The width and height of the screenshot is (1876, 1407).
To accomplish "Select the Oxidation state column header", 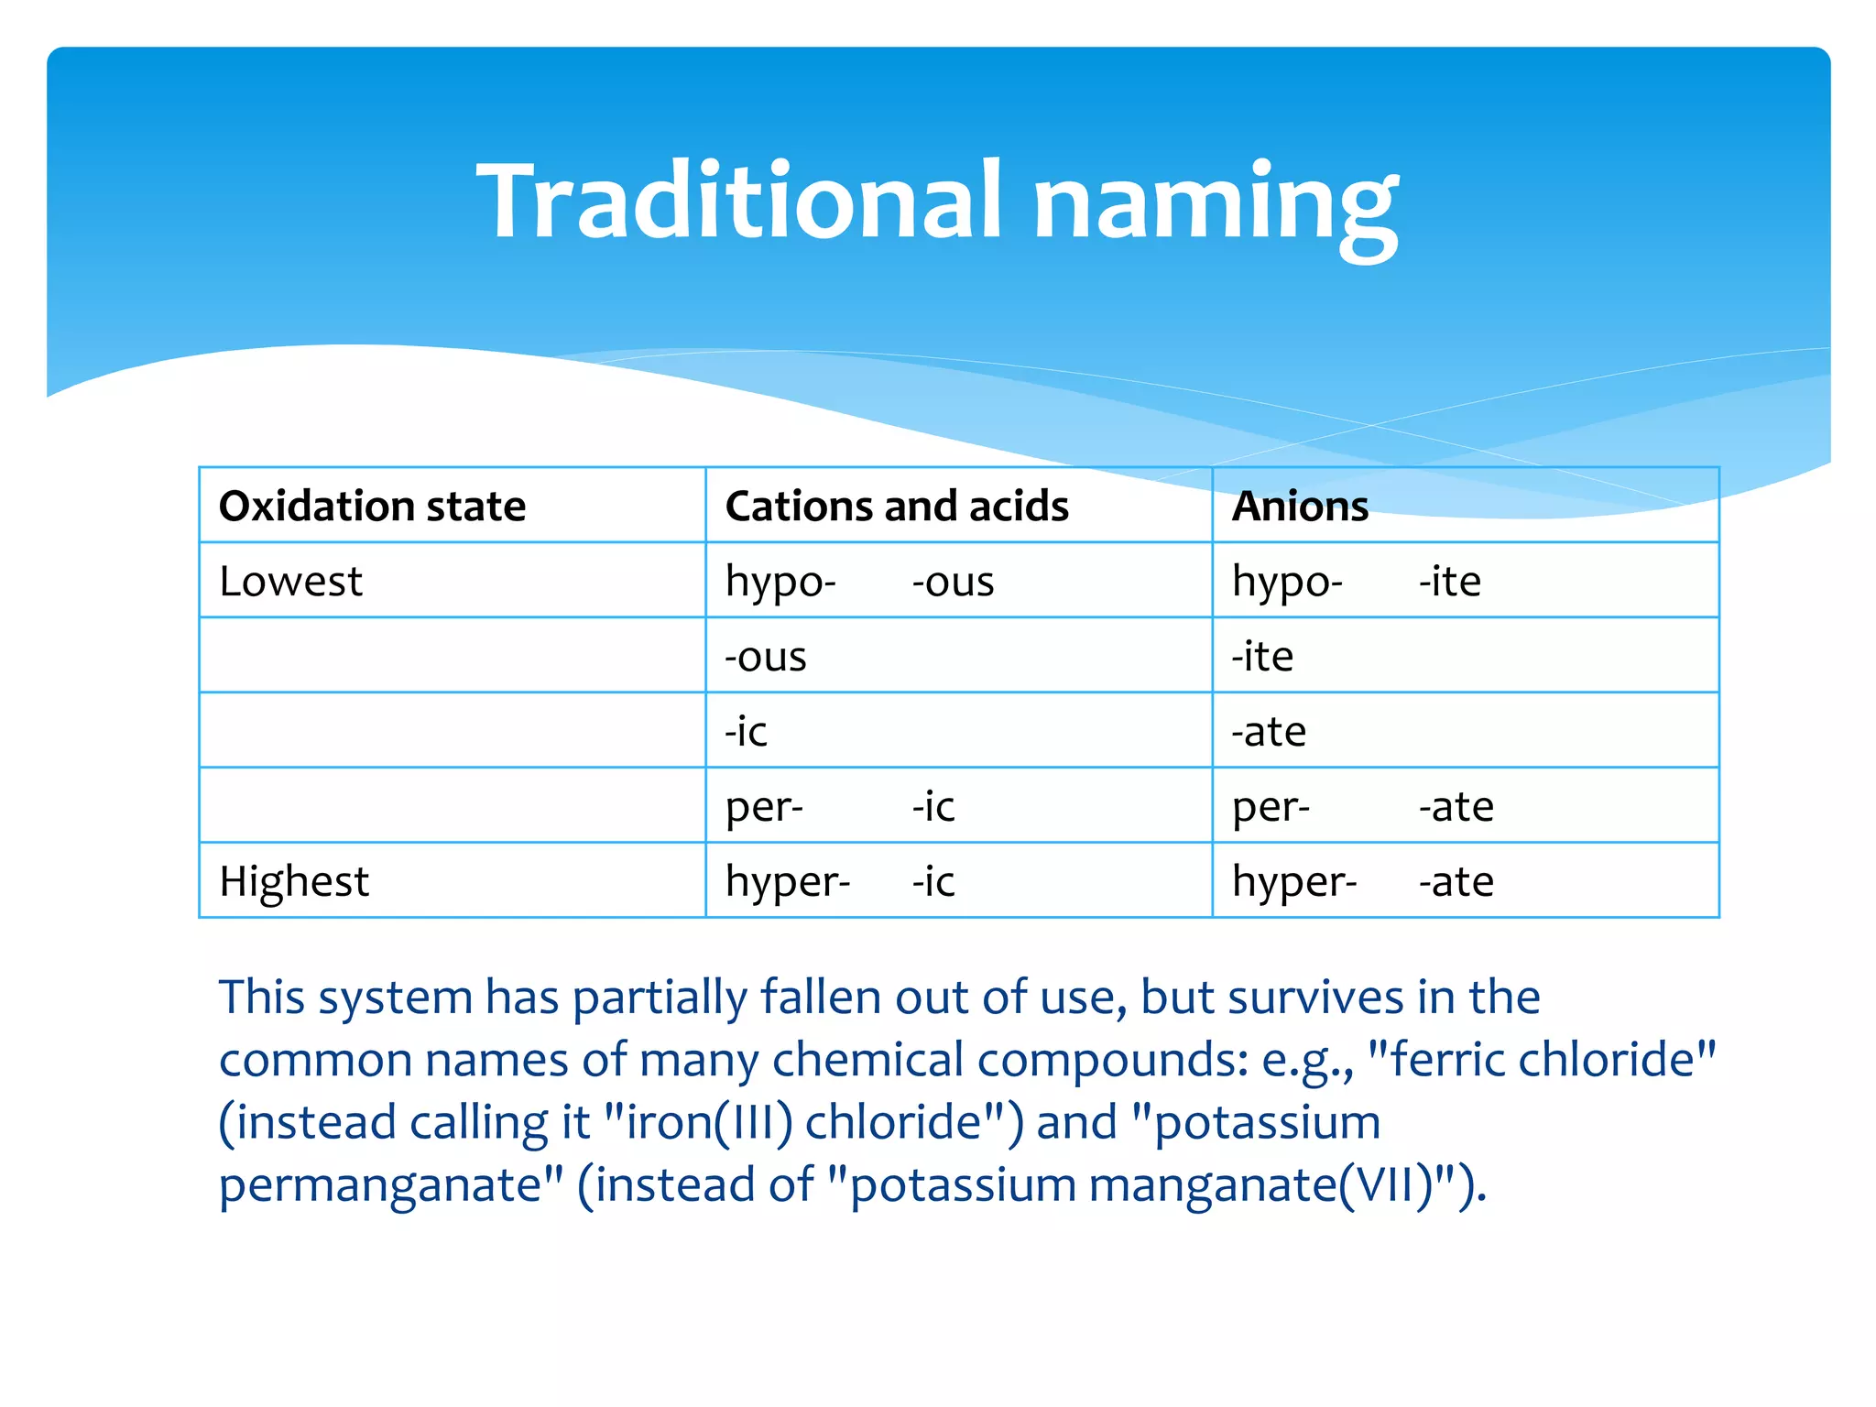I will [372, 507].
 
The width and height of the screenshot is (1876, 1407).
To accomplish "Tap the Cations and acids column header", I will [897, 507].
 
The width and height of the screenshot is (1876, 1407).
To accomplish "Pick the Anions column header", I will [1300, 507].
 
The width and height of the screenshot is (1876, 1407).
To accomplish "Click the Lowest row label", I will [290, 582].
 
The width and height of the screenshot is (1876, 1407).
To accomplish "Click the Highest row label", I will [294, 882].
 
